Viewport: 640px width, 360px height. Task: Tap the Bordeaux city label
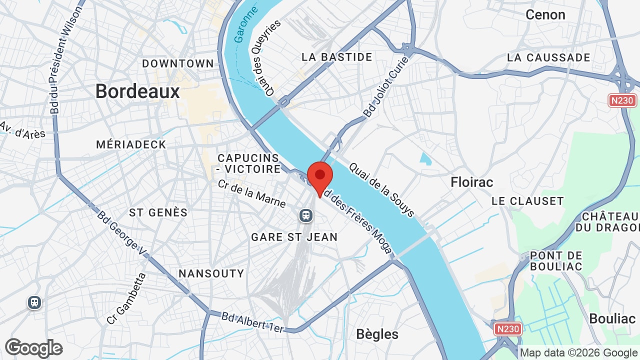click(137, 91)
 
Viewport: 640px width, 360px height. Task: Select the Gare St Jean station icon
click(305, 215)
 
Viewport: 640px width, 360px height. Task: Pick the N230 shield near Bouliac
click(508, 328)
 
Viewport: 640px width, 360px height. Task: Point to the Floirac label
click(472, 182)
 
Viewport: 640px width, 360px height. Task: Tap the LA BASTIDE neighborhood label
click(337, 57)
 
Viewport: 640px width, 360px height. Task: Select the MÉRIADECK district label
click(131, 144)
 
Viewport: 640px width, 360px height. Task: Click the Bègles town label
click(377, 334)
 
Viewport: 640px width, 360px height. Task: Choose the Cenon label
click(545, 14)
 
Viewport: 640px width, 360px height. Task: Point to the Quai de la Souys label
click(381, 190)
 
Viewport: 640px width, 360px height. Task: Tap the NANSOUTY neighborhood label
click(211, 273)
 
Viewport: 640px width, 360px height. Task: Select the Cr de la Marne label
click(251, 193)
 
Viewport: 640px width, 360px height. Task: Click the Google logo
click(33, 348)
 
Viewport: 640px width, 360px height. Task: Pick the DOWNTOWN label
click(178, 63)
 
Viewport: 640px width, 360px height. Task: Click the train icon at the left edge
click(34, 302)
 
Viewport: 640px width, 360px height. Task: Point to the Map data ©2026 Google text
click(578, 352)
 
